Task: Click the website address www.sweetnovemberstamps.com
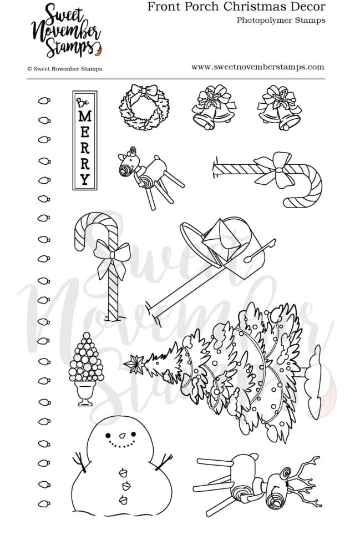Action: point(257,67)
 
